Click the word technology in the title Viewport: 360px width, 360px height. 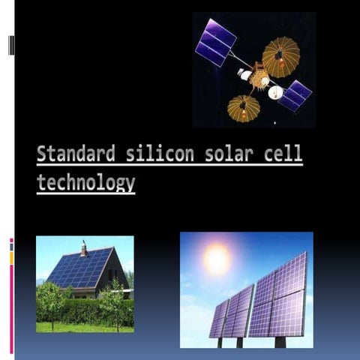85,182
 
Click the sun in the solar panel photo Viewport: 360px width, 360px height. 217,259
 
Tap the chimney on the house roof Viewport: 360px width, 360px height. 84,248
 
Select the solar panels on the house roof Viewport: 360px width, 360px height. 79,268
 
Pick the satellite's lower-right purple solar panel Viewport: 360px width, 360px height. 295,94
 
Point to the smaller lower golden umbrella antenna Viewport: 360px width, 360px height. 243,108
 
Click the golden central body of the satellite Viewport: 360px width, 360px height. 259,78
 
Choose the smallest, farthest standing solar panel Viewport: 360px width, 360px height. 218,319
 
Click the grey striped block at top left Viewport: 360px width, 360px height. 11,46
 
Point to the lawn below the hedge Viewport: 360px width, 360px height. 82,327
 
